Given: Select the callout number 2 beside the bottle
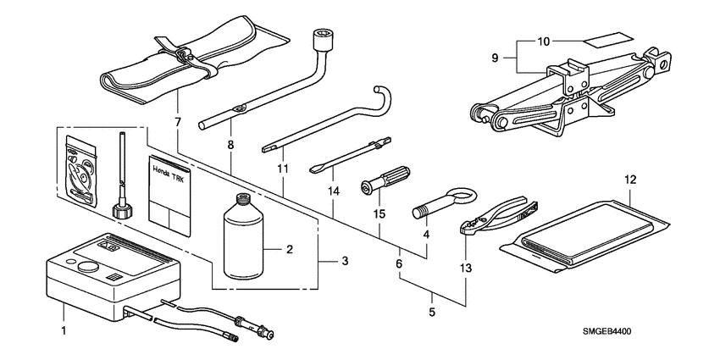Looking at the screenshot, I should pos(290,250).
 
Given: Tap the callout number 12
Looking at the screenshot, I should pos(629,180).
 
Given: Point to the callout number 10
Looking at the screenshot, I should pos(545,41).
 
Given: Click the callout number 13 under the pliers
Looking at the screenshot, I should pos(465,268).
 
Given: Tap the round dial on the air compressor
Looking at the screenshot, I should pos(86,265).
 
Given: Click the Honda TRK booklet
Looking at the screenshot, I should pos(172,197).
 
